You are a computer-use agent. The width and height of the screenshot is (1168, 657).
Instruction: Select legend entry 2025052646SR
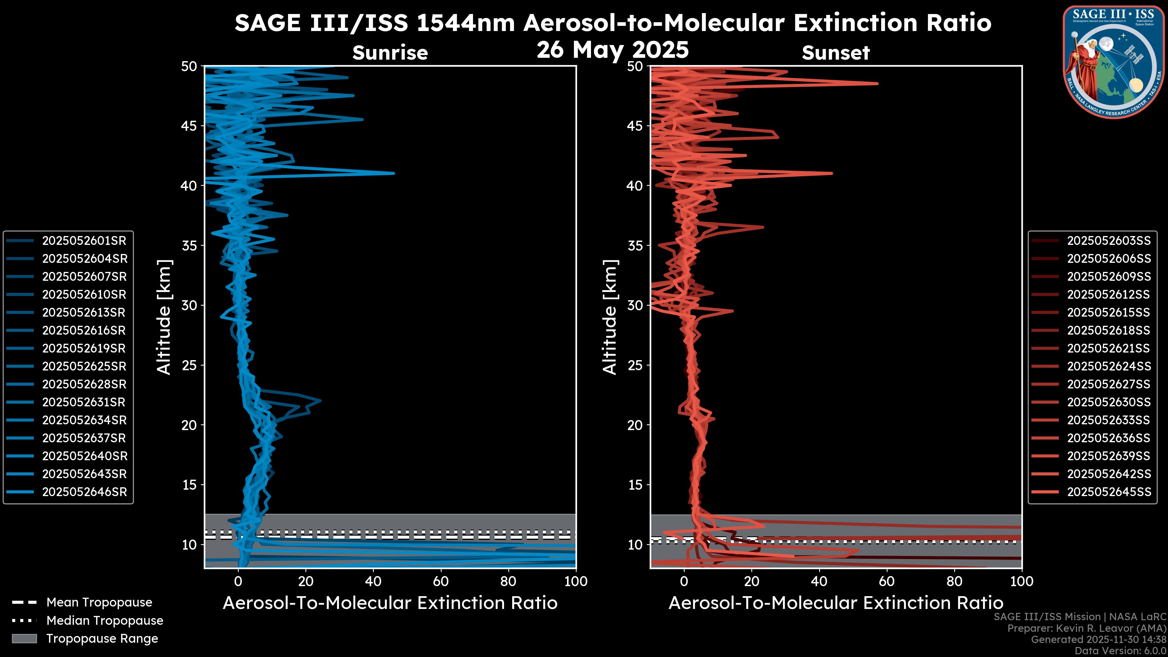[x=84, y=492]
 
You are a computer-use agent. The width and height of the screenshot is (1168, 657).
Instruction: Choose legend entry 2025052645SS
[x=1109, y=492]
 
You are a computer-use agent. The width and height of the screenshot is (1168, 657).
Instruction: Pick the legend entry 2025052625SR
[x=84, y=366]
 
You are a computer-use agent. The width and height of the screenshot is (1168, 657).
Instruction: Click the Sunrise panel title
[x=390, y=53]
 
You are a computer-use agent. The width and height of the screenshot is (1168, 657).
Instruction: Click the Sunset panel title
[x=836, y=53]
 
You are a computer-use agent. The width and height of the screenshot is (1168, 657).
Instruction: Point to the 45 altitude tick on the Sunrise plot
[x=189, y=126]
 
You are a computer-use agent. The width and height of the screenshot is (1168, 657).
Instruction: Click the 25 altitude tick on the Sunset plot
[x=635, y=365]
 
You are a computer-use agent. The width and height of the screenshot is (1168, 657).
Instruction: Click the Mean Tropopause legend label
[x=99, y=603]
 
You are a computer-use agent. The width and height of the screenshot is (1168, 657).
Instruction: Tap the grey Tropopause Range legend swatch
[x=24, y=638]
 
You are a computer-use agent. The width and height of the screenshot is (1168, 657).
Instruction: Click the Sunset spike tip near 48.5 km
[x=877, y=83]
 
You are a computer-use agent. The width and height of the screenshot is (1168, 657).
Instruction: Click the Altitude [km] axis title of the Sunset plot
[x=610, y=317]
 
